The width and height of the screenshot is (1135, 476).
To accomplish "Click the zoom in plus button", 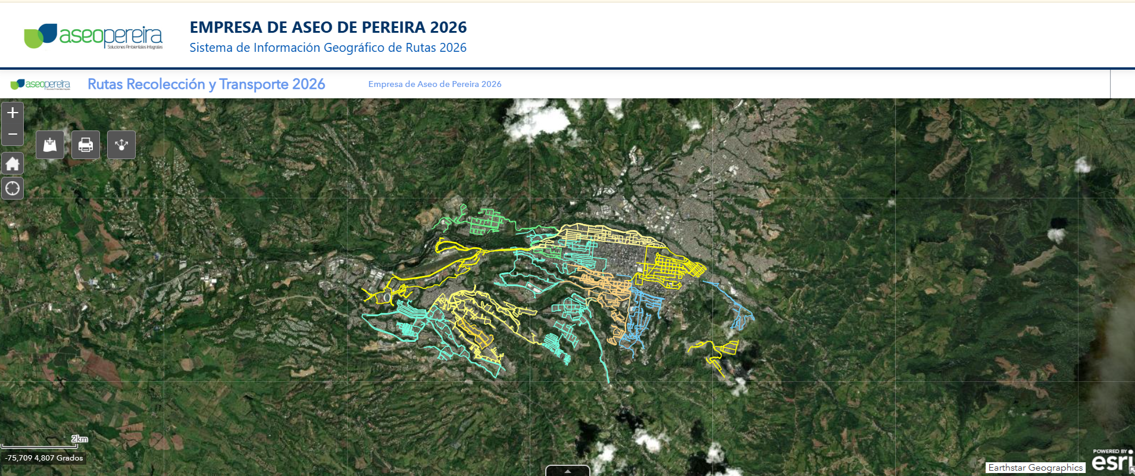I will coord(12,113).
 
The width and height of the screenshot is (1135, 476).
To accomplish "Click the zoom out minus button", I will coord(12,135).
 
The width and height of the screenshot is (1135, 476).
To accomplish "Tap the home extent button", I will coord(12,163).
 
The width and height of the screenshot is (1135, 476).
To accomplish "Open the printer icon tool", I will coord(86,145).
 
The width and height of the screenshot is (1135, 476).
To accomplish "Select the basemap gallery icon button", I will coord(50,145).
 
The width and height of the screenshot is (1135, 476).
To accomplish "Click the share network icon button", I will coord(121,145).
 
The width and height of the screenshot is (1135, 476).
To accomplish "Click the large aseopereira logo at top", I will coord(93,36).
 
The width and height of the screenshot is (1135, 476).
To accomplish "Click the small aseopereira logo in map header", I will coord(40,85).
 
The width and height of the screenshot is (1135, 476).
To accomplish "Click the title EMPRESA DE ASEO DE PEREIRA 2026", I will coord(328,27).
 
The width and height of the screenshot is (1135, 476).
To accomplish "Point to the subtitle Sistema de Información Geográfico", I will coord(328,48).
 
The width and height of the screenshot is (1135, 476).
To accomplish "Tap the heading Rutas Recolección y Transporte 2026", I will coord(206,84).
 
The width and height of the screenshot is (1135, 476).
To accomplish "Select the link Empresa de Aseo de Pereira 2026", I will coord(434,84).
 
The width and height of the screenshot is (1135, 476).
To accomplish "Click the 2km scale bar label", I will coord(80,439).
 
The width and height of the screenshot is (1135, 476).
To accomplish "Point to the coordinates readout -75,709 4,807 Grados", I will coord(44,458).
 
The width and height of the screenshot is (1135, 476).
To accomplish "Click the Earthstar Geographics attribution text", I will coord(1035,468).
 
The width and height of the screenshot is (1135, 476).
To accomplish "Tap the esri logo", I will coord(1111,461).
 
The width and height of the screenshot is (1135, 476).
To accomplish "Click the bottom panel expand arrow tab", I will coord(567,471).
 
